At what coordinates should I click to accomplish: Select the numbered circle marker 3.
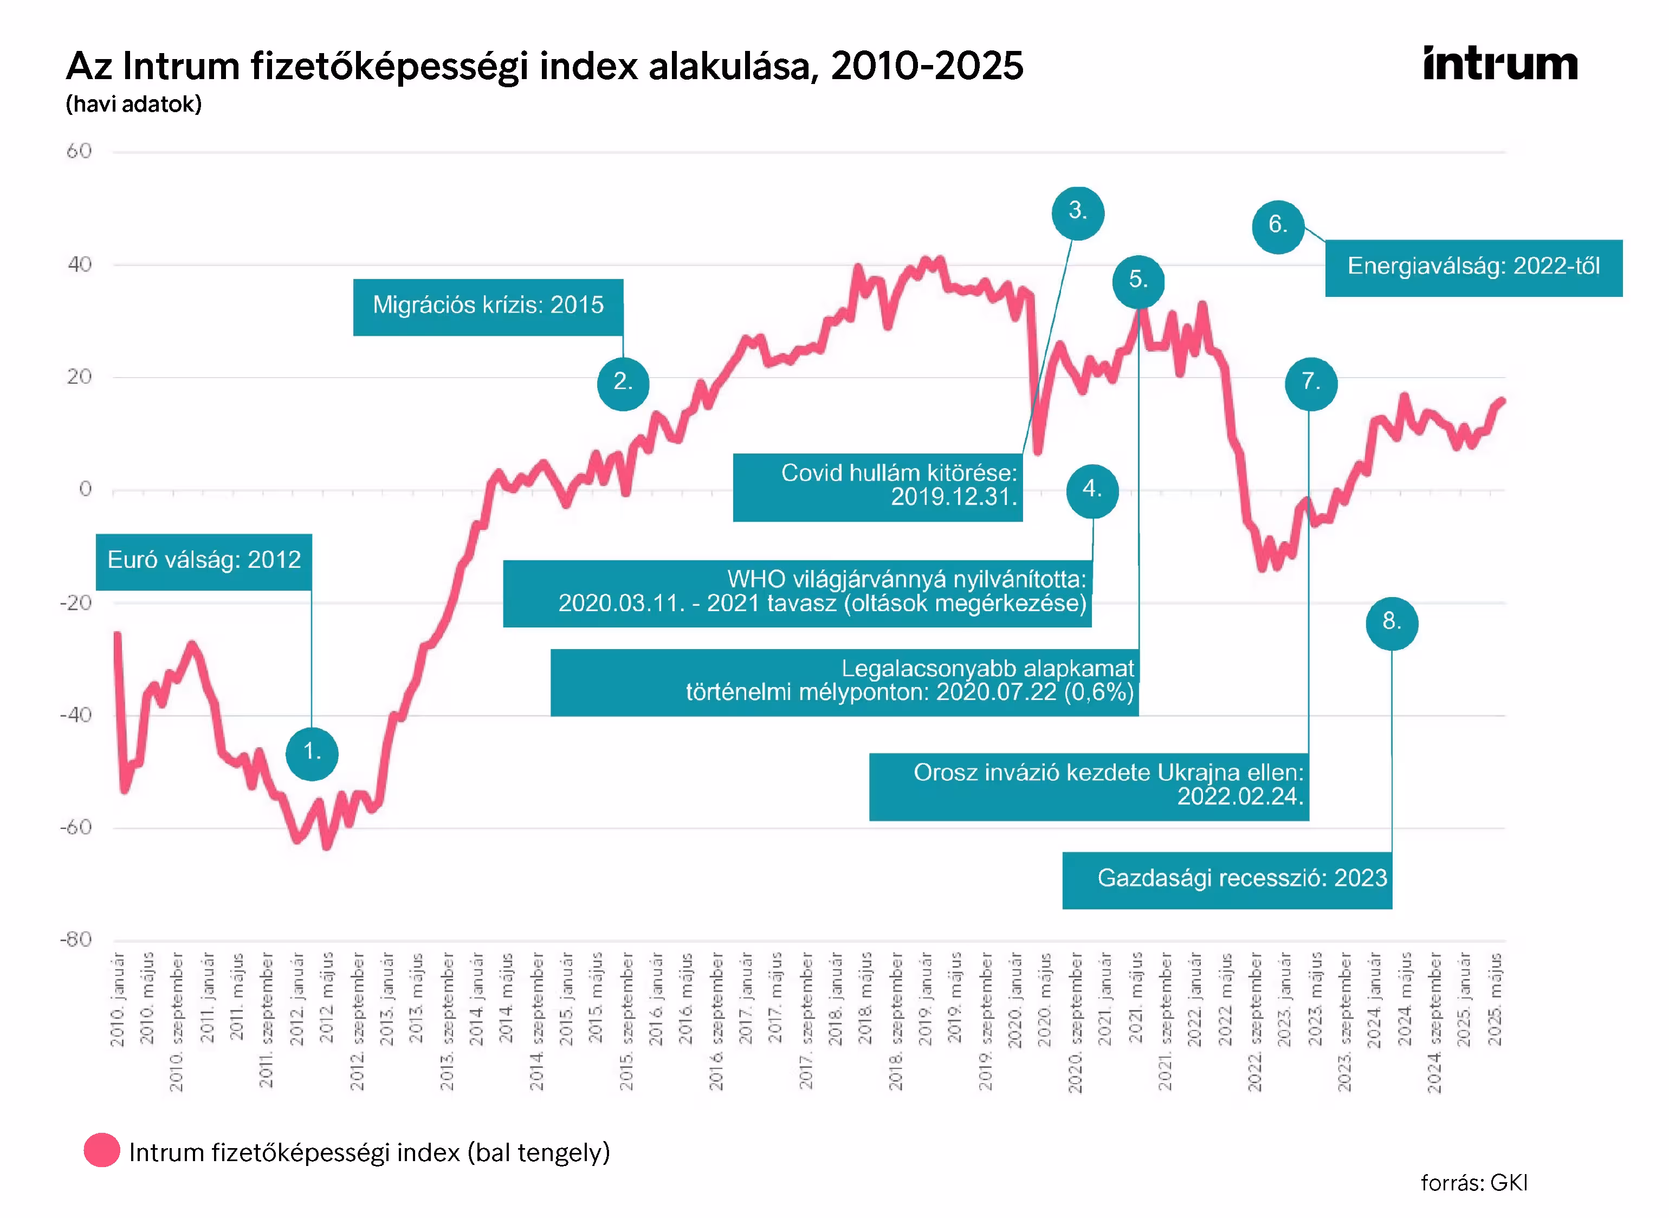click(1077, 213)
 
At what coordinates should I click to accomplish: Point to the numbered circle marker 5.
click(1138, 281)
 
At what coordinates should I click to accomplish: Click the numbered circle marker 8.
click(1391, 623)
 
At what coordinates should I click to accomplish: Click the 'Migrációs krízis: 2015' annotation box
click(488, 307)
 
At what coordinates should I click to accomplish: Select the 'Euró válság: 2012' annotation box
click(203, 562)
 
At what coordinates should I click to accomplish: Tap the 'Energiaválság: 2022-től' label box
click(1473, 268)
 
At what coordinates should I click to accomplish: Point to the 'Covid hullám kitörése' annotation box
click(877, 487)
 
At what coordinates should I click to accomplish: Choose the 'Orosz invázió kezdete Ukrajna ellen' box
click(1088, 787)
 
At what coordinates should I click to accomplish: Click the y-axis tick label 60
click(79, 152)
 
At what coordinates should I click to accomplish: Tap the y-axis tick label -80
click(76, 940)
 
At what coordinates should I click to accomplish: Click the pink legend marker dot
click(102, 1150)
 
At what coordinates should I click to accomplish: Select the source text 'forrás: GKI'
click(1473, 1183)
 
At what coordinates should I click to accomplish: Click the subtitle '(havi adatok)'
click(133, 104)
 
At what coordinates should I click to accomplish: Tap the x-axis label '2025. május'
click(1495, 999)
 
